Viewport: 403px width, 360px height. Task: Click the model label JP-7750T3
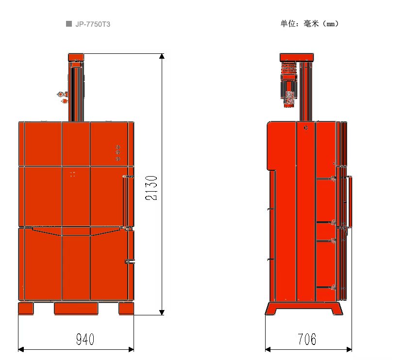point(93,24)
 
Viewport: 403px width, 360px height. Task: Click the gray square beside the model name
point(69,24)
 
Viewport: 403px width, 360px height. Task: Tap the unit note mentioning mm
point(309,24)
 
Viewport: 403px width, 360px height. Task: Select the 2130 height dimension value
point(151,188)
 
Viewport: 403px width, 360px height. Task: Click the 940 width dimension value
point(85,339)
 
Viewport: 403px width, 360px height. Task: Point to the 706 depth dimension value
point(307,339)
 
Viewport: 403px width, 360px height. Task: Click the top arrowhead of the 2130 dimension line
point(162,56)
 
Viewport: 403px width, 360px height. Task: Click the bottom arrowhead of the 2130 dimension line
point(162,312)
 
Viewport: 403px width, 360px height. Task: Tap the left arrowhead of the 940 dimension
point(21,349)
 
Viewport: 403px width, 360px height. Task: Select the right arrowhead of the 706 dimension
point(349,349)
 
